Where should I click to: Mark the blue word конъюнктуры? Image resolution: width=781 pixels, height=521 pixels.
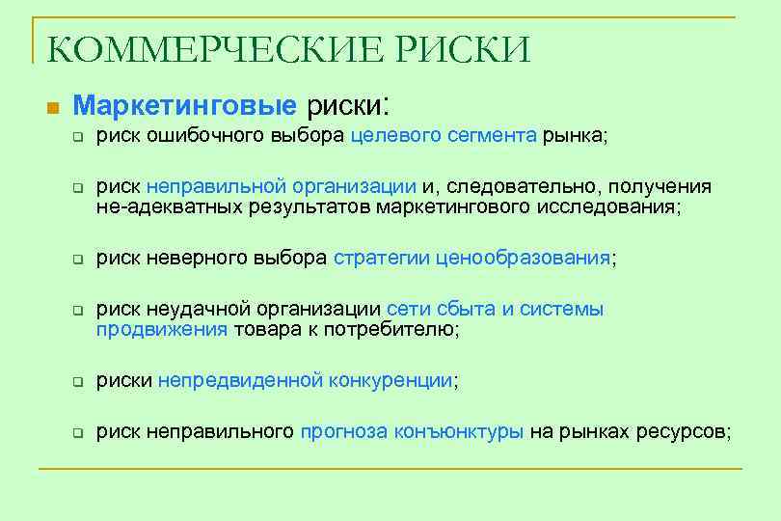[459, 432]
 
